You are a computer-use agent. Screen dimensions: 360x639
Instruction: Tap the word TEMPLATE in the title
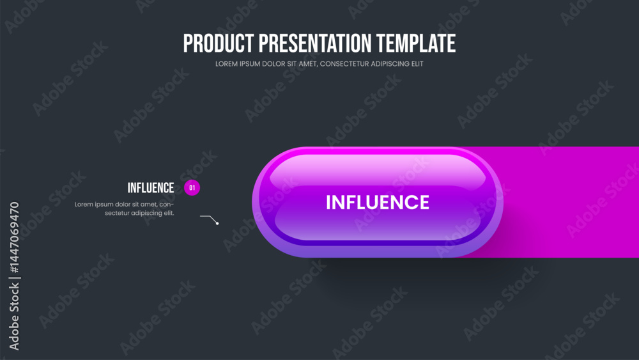tap(416, 43)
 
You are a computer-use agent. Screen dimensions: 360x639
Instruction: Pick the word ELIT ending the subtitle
tap(416, 64)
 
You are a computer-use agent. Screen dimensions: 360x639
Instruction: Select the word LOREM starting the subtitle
tap(226, 64)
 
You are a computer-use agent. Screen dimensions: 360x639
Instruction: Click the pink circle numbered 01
tap(192, 188)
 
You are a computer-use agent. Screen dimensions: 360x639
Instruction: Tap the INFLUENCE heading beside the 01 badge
tap(151, 188)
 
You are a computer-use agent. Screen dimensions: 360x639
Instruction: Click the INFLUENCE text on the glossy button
tap(378, 203)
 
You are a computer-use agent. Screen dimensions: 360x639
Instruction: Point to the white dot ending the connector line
tap(217, 223)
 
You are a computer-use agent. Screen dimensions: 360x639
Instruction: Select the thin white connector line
tap(208, 217)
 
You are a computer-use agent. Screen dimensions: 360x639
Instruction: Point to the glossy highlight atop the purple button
tap(377, 168)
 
